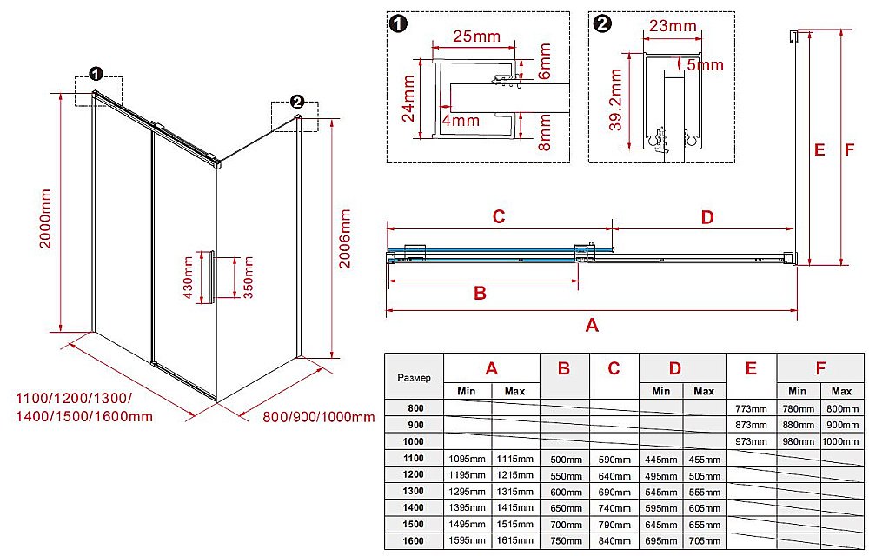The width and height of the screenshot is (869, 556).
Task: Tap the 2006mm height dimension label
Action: [x=345, y=239]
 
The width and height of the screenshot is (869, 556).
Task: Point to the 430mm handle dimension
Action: [x=188, y=277]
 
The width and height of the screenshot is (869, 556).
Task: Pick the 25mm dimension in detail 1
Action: [x=476, y=36]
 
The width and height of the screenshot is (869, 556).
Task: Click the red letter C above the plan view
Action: [x=499, y=216]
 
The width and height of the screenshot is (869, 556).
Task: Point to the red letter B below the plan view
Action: [x=480, y=293]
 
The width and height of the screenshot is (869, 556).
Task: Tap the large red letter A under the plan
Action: [x=593, y=326]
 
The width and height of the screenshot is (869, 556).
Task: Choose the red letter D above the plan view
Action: [x=706, y=216]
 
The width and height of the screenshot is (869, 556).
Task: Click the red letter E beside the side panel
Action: [x=819, y=149]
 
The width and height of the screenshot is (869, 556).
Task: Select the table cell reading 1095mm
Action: [x=468, y=459]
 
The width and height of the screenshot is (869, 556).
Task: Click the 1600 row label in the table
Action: [x=413, y=540]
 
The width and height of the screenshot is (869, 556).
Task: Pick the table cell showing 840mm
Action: [x=614, y=540]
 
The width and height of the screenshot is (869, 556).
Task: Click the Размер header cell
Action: [x=414, y=377]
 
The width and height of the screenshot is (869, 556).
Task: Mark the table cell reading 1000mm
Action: [x=841, y=441]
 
